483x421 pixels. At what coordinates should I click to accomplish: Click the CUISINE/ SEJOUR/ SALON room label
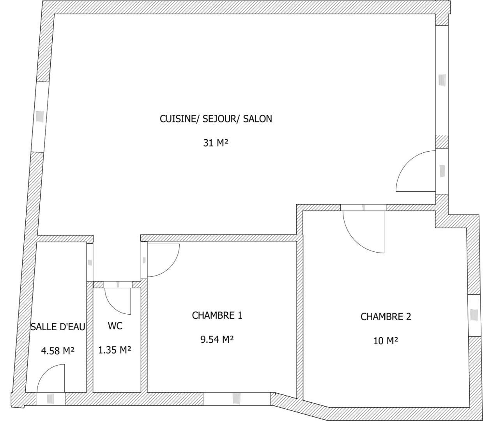click(x=216, y=119)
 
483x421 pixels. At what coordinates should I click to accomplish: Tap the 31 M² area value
click(x=216, y=143)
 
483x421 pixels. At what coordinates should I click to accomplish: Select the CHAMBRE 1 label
click(x=217, y=315)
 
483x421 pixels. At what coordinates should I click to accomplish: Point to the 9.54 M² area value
click(x=217, y=340)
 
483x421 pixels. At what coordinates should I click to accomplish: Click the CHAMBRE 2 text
click(x=386, y=317)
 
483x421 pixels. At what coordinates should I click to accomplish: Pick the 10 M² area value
click(x=386, y=341)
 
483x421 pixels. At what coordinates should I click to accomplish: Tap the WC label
click(x=115, y=326)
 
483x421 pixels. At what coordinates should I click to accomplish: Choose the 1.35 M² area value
click(x=115, y=350)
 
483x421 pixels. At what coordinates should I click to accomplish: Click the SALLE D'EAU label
click(x=58, y=327)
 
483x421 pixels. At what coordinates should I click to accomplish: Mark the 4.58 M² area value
click(x=58, y=351)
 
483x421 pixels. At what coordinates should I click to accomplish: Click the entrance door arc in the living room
click(x=408, y=163)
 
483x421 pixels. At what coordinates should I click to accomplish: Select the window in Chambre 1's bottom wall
click(x=237, y=399)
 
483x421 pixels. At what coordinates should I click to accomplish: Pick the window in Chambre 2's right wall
click(x=474, y=315)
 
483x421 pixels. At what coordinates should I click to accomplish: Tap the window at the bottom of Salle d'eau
click(x=50, y=399)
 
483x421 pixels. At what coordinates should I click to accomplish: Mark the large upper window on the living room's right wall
click(x=442, y=80)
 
